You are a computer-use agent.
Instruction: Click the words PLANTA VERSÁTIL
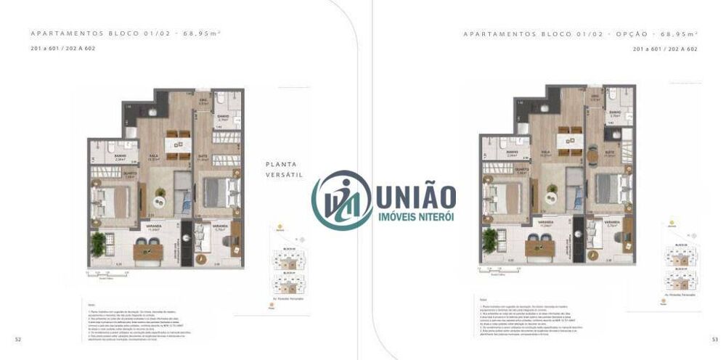(282, 170)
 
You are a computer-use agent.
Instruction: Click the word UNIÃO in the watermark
(415, 195)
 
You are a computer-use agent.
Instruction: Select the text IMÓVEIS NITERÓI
(416, 218)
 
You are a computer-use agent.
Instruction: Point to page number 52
(17, 339)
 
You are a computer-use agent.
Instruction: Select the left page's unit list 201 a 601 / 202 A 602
(63, 49)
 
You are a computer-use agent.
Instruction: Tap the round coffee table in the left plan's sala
(160, 192)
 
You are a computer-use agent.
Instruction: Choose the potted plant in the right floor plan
(492, 237)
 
